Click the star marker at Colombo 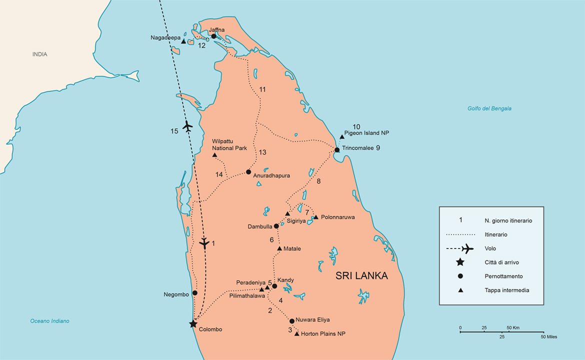[x=193, y=324]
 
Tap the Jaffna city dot [x=213, y=36]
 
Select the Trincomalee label [x=357, y=148]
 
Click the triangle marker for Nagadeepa [x=183, y=41]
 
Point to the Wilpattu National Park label [x=229, y=145]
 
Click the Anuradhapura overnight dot [x=248, y=172]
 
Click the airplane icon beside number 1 [x=204, y=243]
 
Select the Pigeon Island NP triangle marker [x=342, y=136]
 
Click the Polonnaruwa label [x=337, y=217]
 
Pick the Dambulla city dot [x=276, y=226]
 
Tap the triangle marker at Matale [x=279, y=248]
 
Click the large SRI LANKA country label [x=361, y=276]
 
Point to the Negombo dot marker [x=195, y=293]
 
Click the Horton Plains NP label [x=323, y=333]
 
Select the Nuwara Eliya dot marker [x=292, y=321]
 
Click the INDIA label [x=40, y=54]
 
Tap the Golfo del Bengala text [x=489, y=108]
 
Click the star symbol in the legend [x=460, y=262]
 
